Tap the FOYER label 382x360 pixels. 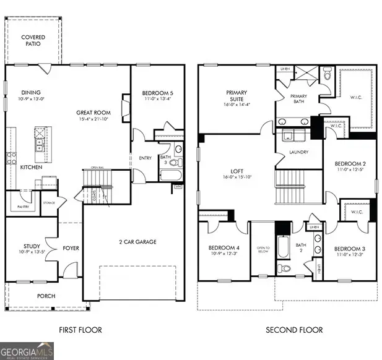click(x=71, y=249)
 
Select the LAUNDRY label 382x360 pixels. click(x=299, y=152)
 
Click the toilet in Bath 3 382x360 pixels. click(x=175, y=163)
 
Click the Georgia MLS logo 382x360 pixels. click(x=27, y=350)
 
